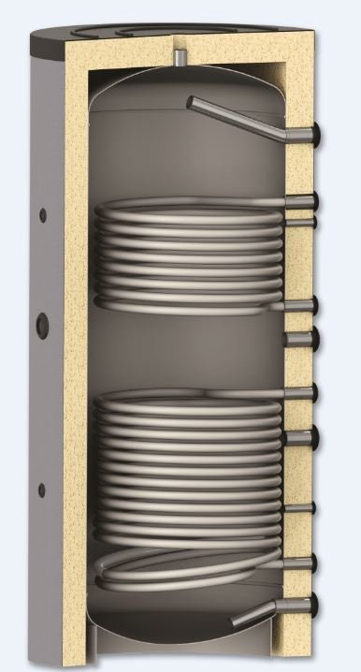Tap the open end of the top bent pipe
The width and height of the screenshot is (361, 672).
191,102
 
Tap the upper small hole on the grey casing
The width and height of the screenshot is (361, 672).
42,216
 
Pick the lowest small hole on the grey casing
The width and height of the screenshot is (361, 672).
40,489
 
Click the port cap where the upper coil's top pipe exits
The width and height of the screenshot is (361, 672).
315,200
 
